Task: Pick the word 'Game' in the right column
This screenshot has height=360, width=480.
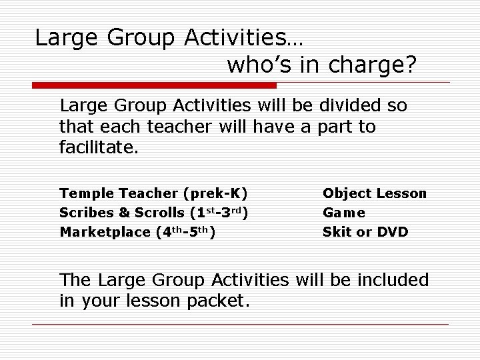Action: (x=344, y=213)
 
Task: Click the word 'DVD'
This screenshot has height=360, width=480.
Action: (x=393, y=233)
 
